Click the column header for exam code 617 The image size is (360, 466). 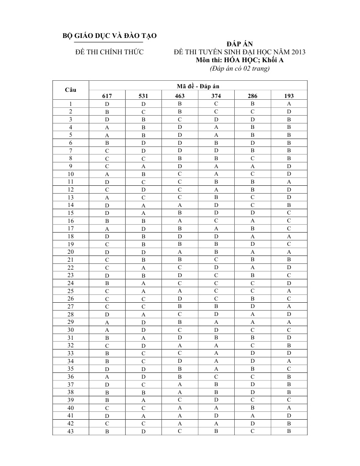107,96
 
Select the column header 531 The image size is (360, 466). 143,96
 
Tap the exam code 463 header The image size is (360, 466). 180,96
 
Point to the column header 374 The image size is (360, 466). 216,96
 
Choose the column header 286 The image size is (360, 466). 252,96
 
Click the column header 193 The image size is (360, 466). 289,96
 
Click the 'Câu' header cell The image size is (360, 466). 71,90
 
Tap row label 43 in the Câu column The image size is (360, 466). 71,431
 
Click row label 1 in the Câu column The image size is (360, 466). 71,104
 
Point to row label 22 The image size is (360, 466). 71,267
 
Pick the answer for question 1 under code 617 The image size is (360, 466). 107,104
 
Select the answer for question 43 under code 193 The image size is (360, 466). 289,431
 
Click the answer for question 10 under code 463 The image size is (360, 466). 180,174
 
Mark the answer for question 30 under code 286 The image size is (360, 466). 252,330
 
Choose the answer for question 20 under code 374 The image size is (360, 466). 216,252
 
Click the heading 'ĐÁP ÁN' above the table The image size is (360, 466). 240,45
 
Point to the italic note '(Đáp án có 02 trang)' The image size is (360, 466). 240,68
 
